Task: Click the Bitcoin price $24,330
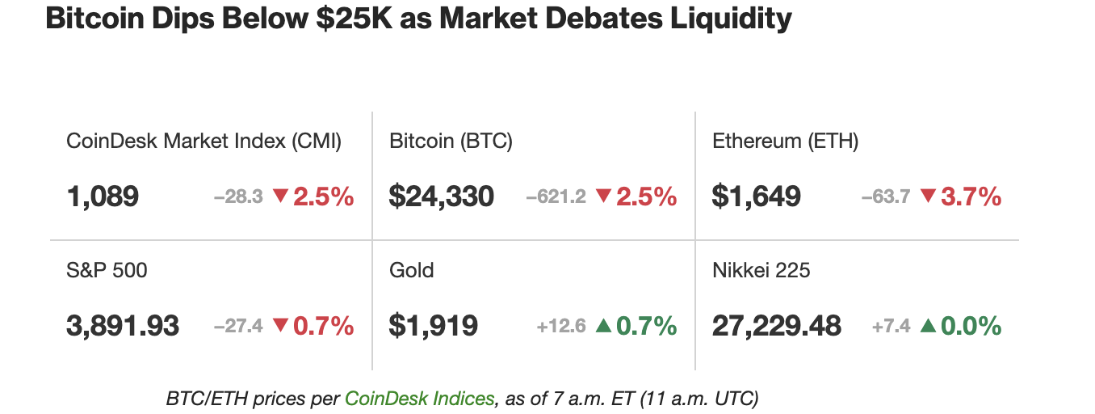point(441,196)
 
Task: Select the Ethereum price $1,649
point(756,196)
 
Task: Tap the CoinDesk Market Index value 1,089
point(103,196)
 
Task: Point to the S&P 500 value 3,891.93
point(123,327)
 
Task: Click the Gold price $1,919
point(433,327)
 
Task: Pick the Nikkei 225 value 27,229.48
point(777,327)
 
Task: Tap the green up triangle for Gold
point(603,326)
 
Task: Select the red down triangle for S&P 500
point(280,327)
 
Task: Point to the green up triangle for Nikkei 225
point(928,326)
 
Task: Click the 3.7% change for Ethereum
point(971,196)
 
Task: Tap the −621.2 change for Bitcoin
point(556,196)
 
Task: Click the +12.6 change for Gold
point(560,327)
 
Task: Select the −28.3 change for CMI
point(238,196)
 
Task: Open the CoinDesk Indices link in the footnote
point(419,399)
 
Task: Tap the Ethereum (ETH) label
point(785,142)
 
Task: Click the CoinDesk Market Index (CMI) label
point(203,142)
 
